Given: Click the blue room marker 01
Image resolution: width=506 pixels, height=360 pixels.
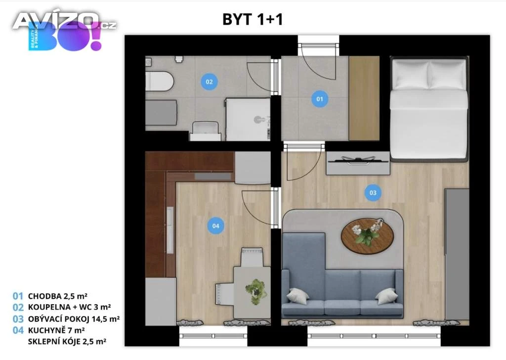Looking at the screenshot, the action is [320, 99].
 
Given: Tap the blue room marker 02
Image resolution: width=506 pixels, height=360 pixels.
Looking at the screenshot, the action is [209, 82].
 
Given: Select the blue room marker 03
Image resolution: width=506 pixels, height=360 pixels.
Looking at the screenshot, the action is [373, 193].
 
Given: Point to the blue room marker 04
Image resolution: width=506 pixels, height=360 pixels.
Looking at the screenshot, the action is [215, 226].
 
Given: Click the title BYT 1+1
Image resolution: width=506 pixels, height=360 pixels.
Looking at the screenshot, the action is [253, 19].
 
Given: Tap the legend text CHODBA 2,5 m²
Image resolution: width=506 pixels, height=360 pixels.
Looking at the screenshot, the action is [58, 296].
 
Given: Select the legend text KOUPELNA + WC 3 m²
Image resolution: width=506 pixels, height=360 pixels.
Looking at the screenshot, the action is [69, 307].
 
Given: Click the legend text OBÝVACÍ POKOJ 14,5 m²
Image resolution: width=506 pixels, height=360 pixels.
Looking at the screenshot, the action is [74, 319].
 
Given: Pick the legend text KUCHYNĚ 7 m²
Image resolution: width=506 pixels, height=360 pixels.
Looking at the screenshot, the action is [56, 330].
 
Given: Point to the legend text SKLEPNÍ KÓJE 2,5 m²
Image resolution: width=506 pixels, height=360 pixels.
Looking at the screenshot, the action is [67, 342].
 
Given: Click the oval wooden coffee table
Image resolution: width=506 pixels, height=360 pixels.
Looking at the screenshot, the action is [368, 236].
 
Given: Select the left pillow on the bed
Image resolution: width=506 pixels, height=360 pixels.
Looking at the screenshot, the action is [411, 75].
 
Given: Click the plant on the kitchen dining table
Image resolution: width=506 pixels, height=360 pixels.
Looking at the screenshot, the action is [256, 291].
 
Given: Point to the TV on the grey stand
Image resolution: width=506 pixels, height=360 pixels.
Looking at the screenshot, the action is [358, 160].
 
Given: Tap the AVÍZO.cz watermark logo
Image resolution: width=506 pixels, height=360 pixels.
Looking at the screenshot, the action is [65, 22].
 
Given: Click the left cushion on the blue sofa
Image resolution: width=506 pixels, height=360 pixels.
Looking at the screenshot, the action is [297, 296].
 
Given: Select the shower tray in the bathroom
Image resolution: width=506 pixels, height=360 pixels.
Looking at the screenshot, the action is [248, 119].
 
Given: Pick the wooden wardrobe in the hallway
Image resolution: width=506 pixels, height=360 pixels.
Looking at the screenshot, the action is [364, 98].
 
